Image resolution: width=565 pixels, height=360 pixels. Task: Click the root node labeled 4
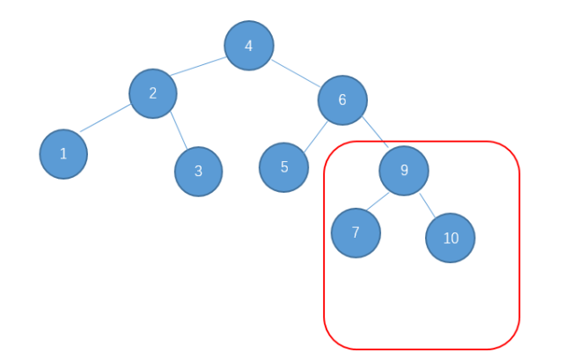pyautogui.click(x=248, y=46)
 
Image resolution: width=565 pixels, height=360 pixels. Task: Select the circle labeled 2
pyautogui.click(x=153, y=92)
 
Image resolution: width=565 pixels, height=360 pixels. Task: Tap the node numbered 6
pyautogui.click(x=342, y=99)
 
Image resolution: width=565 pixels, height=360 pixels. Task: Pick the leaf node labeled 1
pyautogui.click(x=63, y=154)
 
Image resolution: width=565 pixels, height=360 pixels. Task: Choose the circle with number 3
pyautogui.click(x=198, y=172)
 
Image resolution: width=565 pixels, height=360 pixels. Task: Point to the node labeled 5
pyautogui.click(x=283, y=166)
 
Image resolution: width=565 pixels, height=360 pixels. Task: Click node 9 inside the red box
pyautogui.click(x=404, y=170)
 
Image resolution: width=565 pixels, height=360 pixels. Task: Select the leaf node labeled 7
pyautogui.click(x=356, y=232)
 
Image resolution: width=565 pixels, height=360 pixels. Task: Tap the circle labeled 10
pyautogui.click(x=450, y=238)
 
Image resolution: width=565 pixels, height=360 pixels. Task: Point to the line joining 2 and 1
pyautogui.click(x=106, y=118)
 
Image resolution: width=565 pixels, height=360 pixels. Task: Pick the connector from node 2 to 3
pyautogui.click(x=179, y=131)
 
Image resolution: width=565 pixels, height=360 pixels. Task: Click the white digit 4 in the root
pyautogui.click(x=248, y=46)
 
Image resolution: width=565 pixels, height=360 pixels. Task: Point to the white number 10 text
pyautogui.click(x=451, y=239)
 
